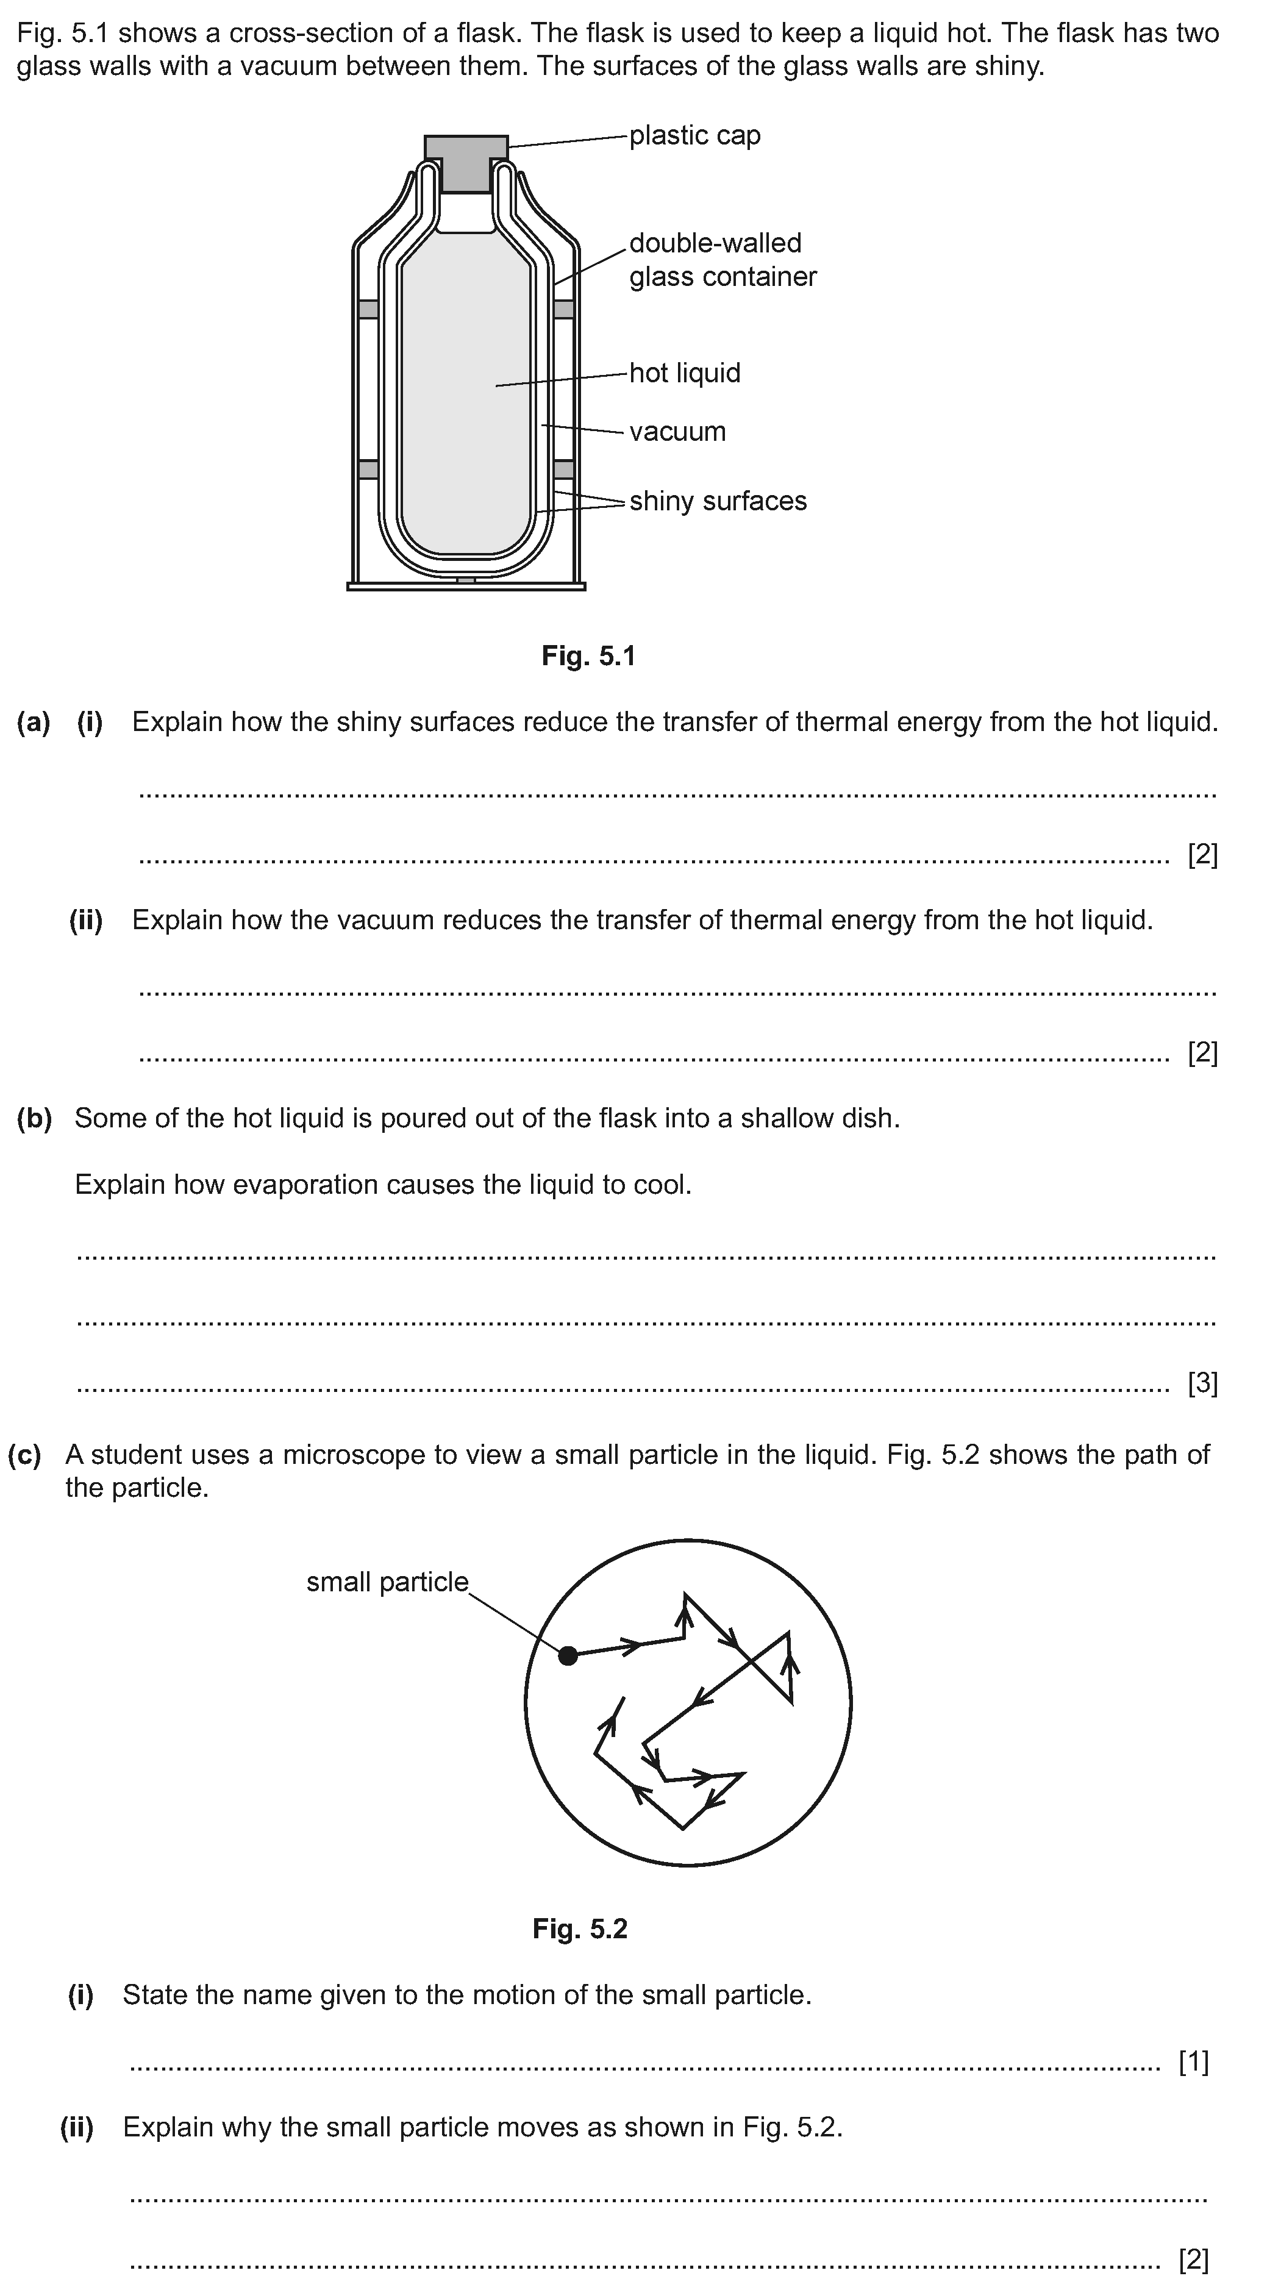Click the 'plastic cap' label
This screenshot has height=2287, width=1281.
coord(694,136)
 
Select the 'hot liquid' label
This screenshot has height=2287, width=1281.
coord(685,373)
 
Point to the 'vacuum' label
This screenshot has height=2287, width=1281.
coord(677,432)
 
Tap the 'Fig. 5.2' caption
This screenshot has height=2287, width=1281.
coord(580,1928)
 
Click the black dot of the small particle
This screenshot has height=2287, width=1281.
coord(568,1655)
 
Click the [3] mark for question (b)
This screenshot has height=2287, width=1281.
coord(1202,1383)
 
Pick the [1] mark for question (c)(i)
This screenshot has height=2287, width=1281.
coord(1193,2061)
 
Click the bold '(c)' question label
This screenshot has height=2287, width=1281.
coord(25,1455)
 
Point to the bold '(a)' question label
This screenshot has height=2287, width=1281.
coord(34,722)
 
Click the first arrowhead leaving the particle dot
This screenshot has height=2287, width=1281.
coord(631,1645)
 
